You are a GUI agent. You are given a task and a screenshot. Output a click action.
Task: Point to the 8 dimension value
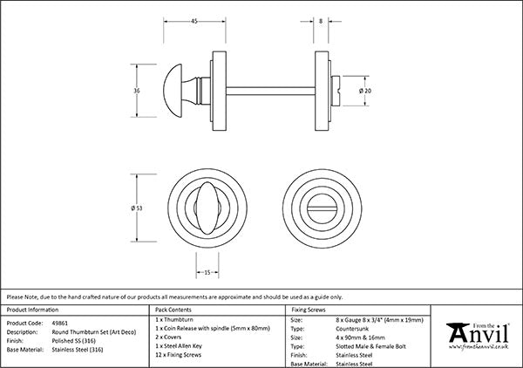coord(322,20)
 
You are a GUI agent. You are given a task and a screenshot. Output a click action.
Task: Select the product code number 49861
coord(65,321)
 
